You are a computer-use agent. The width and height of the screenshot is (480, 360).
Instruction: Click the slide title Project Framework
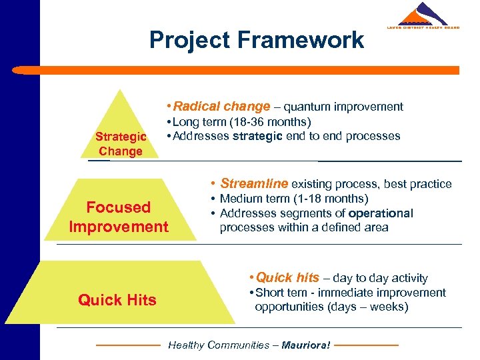coord(257,39)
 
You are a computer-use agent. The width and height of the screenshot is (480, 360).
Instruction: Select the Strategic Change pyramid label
coord(120,144)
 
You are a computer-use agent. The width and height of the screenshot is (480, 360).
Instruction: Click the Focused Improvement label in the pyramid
coord(119,217)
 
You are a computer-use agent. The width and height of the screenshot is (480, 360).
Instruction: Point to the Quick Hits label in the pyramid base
coord(117,300)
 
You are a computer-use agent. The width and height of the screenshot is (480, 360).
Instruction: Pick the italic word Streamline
coord(254,183)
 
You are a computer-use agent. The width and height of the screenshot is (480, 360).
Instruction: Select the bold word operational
coord(381,213)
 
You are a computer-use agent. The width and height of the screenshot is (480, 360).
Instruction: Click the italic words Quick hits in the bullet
coord(287,277)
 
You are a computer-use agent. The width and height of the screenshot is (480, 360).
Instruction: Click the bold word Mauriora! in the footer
coord(306,345)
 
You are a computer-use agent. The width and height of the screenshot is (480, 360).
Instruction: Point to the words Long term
coord(195,122)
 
